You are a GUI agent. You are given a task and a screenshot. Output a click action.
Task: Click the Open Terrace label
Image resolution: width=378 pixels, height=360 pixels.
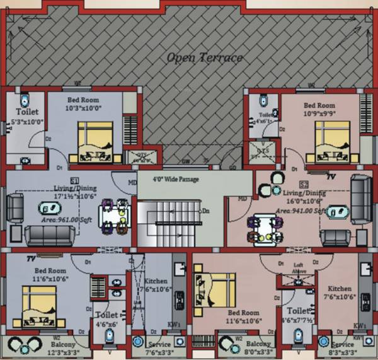tap(205, 58)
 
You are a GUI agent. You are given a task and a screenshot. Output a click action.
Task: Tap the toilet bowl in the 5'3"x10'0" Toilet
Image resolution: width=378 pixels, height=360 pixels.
tap(24, 100)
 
